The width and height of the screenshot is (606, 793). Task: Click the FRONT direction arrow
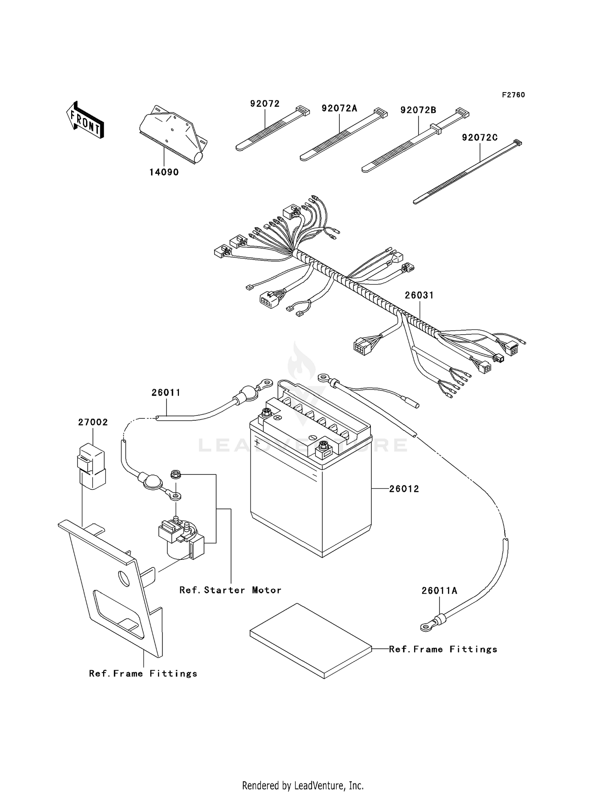point(85,121)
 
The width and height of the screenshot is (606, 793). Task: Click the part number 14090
point(164,172)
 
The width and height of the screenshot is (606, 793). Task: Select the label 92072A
point(339,108)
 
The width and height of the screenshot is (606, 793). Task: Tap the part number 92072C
point(480,138)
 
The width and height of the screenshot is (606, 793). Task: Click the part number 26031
point(419,295)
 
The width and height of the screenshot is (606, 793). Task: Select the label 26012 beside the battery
point(404,489)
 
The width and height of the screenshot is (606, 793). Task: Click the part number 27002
point(93,422)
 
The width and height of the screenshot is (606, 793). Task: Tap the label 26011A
point(439,591)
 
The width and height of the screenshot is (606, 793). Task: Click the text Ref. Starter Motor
point(230,590)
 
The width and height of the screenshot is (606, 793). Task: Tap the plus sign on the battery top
point(257,420)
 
